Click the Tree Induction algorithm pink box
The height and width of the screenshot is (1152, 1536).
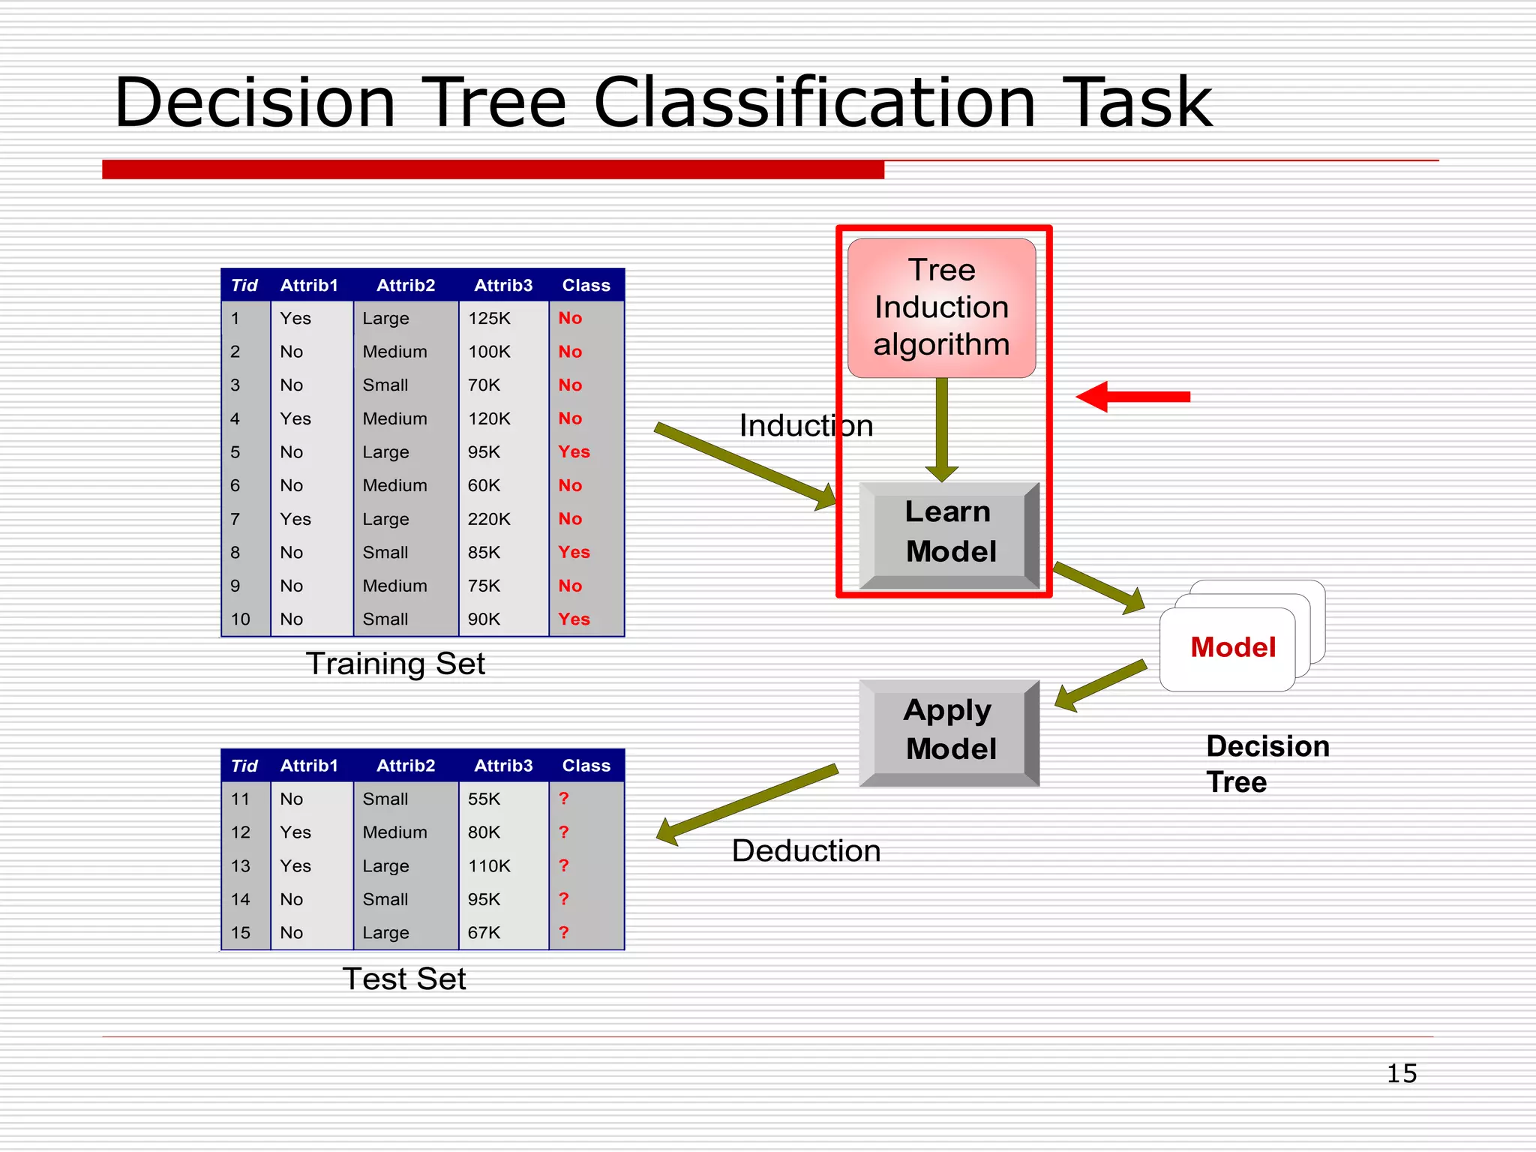[941, 307]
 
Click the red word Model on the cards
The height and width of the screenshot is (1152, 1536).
[1232, 647]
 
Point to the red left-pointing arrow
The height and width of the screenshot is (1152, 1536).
[1132, 397]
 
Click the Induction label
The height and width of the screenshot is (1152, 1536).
[805, 426]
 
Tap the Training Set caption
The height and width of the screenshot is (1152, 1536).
[395, 664]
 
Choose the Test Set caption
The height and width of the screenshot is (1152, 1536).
[403, 979]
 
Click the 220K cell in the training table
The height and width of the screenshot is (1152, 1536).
[489, 519]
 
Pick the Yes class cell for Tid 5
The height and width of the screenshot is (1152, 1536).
[574, 452]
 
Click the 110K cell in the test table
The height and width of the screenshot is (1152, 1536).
[489, 866]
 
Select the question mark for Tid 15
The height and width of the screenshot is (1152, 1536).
[564, 932]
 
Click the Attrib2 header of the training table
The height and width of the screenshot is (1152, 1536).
[406, 286]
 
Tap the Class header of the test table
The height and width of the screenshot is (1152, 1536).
[586, 766]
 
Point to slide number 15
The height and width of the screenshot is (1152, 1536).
[1401, 1073]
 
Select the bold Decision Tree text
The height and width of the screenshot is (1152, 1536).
[1267, 764]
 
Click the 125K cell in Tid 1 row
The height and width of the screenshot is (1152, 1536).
[489, 319]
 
